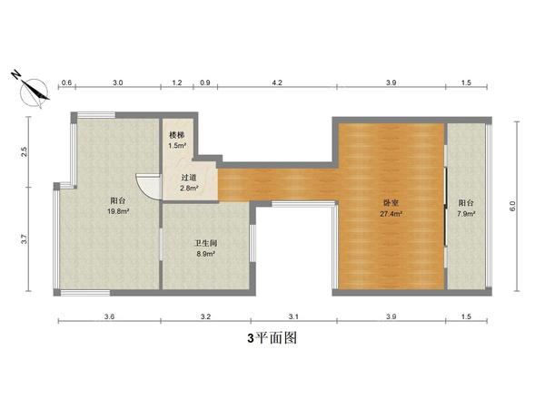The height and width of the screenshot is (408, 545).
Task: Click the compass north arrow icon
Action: tap(34, 89)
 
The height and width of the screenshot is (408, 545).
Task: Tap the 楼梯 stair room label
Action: tap(177, 134)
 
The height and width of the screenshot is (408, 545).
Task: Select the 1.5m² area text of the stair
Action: tap(177, 145)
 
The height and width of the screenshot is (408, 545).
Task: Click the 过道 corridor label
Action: tap(189, 178)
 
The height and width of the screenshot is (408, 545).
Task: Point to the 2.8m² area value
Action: tap(189, 189)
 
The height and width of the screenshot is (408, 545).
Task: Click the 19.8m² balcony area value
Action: tap(119, 210)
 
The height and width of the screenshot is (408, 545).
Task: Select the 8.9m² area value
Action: tap(205, 255)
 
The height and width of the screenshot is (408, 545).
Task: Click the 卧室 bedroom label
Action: tap(391, 203)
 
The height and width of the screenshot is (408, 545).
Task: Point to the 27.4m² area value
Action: tap(391, 214)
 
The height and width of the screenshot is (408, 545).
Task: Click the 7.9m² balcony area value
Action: tap(466, 214)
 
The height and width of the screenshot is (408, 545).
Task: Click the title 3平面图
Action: tap(272, 339)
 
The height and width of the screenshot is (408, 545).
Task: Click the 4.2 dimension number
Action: tap(277, 83)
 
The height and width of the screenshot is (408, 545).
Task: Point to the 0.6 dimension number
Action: tap(66, 83)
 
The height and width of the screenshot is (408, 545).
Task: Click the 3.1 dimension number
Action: tap(293, 316)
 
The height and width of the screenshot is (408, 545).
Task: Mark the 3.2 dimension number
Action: tap(205, 316)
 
